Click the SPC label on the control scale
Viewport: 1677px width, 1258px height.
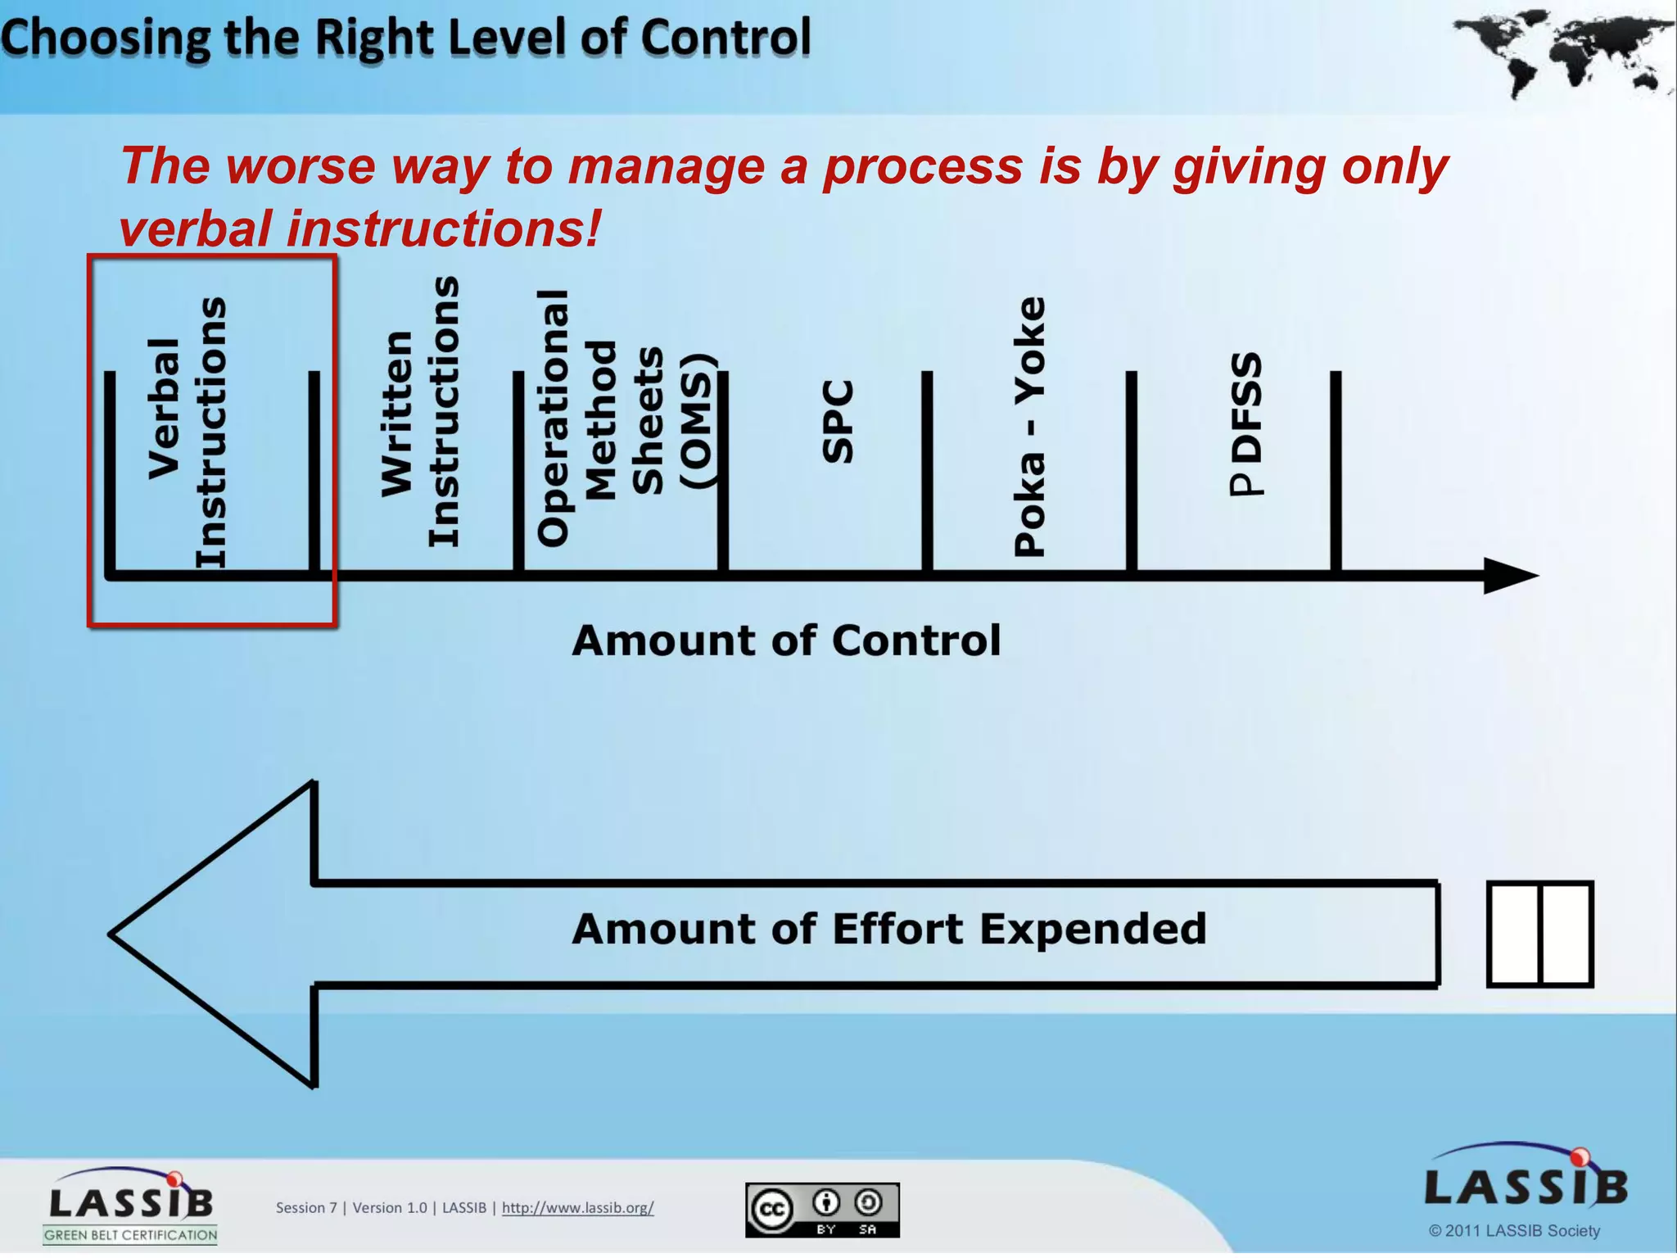coord(838,422)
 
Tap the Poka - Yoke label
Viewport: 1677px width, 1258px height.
coord(1029,426)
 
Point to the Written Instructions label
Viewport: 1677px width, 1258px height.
coord(420,412)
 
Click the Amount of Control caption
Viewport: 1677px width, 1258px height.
coord(786,640)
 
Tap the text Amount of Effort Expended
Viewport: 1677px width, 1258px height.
coord(889,930)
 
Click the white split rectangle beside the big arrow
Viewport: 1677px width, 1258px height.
coord(1539,934)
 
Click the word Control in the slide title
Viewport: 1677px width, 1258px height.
coord(725,38)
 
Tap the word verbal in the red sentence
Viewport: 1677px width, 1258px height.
coord(195,229)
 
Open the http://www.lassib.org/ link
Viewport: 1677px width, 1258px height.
coord(577,1207)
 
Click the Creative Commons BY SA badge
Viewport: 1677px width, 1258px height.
coord(822,1210)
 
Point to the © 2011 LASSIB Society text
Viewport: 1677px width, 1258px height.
coord(1514,1230)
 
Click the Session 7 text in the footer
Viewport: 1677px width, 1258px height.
coord(306,1207)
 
